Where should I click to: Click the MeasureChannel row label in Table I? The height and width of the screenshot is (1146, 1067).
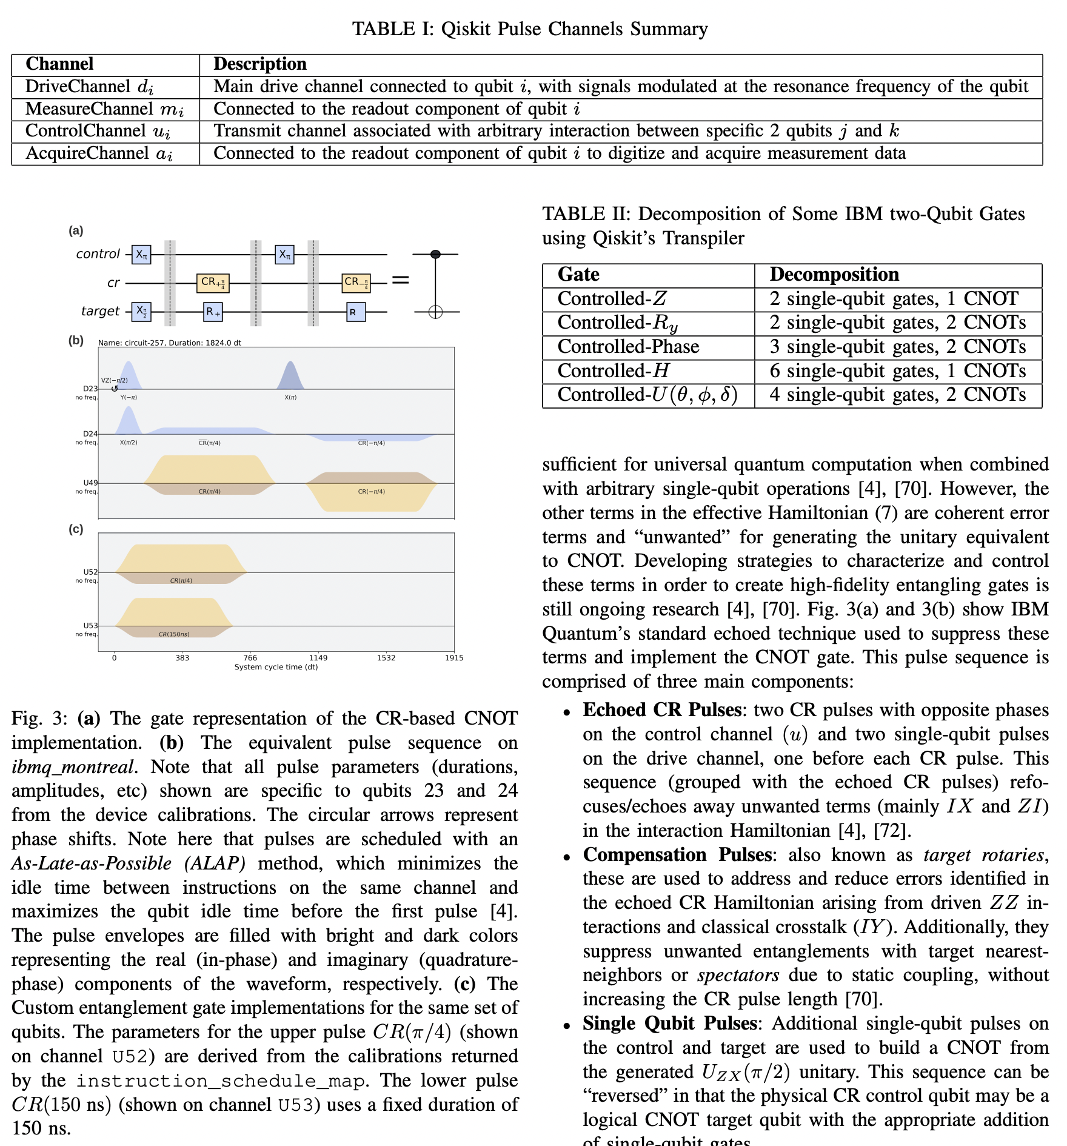(x=104, y=109)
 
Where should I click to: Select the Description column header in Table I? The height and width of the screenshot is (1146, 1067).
(x=260, y=64)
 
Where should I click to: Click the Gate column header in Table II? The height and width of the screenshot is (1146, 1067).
(x=578, y=275)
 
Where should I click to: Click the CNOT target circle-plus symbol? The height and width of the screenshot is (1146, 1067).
(x=435, y=312)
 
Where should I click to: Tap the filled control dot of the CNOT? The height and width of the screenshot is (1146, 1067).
(x=435, y=254)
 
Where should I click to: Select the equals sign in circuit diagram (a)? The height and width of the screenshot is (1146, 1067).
(x=401, y=280)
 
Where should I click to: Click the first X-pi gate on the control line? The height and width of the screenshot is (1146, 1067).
(x=141, y=255)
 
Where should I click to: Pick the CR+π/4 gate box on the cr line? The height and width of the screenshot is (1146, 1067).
(x=213, y=283)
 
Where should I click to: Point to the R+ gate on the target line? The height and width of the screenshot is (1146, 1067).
(x=213, y=312)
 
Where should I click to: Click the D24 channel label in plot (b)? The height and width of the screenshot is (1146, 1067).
(x=90, y=434)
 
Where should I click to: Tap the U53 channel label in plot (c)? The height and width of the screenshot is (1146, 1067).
(x=90, y=625)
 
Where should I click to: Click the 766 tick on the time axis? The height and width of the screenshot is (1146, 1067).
(x=250, y=658)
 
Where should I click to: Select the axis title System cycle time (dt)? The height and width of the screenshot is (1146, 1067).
(x=276, y=667)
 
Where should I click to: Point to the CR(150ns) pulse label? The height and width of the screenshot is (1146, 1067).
(x=174, y=634)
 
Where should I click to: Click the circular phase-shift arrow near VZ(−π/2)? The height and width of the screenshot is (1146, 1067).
(x=115, y=389)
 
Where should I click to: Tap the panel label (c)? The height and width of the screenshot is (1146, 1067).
(x=76, y=529)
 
